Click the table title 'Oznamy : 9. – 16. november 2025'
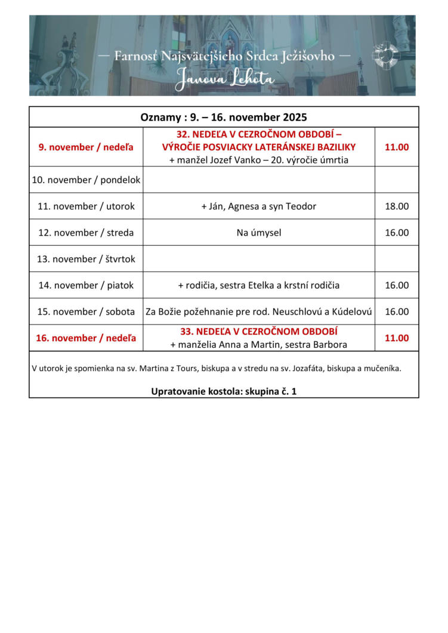(224, 117)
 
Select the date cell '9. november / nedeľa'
(86, 147)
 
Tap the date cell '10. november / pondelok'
(86, 180)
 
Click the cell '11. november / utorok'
(86, 206)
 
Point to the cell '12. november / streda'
(86, 233)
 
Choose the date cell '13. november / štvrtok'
(86, 259)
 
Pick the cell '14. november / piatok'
(86, 285)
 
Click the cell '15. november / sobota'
(86, 311)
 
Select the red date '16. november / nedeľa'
(86, 338)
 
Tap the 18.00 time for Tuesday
(397, 206)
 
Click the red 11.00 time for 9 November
(397, 147)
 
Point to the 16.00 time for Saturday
(397, 311)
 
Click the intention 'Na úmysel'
(259, 233)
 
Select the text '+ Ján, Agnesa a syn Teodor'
(259, 206)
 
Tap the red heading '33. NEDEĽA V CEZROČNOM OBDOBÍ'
(259, 332)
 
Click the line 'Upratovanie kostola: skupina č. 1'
(224, 391)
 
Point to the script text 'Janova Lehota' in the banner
(225, 78)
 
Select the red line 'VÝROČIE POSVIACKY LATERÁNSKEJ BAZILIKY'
(259, 147)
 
